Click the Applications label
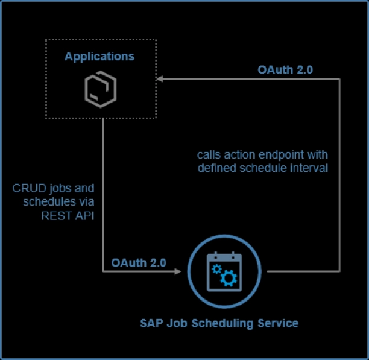pos(99,57)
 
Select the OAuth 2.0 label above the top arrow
pos(285,69)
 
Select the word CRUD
pos(28,188)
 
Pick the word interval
pos(311,168)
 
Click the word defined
pos(215,168)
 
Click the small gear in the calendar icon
pos(216,268)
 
